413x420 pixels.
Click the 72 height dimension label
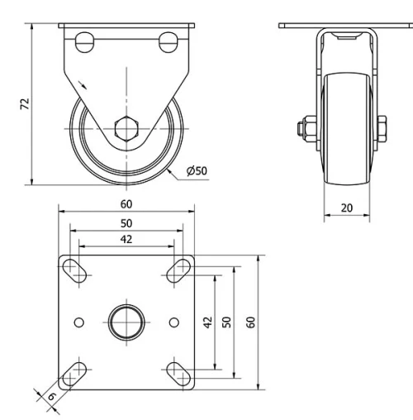coord(25,103)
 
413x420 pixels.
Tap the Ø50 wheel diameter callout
coord(197,171)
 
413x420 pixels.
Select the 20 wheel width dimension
coord(346,208)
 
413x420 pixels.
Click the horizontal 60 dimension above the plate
coord(126,203)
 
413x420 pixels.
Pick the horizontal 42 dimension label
coord(126,239)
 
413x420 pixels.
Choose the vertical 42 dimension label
coord(208,322)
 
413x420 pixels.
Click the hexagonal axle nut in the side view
coord(126,129)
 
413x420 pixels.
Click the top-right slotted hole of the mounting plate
coord(178,270)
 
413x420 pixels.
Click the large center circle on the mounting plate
coord(126,321)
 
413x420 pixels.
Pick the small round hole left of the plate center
coord(79,321)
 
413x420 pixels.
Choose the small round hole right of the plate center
coord(173,321)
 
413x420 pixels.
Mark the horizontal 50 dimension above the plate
coord(126,223)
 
